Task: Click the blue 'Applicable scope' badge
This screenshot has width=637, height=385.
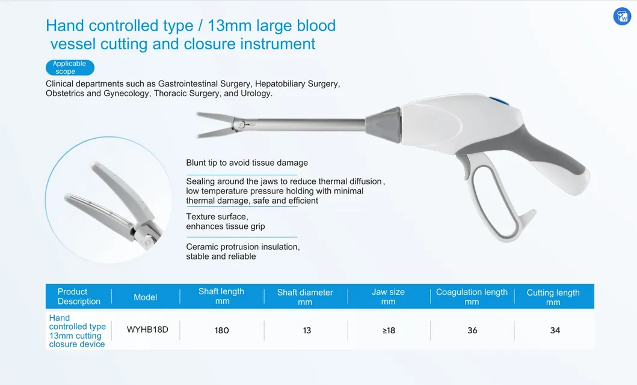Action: tap(70, 67)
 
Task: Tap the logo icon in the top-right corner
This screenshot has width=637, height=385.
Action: tap(622, 16)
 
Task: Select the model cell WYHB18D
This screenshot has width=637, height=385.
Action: tap(147, 330)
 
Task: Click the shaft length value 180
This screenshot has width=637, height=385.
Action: tap(222, 330)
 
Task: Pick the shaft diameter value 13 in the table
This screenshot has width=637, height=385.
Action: tap(307, 330)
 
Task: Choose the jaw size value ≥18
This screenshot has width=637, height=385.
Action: tap(389, 330)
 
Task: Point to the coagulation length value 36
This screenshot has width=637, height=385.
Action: tap(472, 330)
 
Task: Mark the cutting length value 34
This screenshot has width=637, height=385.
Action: tap(555, 330)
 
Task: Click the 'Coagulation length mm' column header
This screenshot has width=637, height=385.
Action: tap(472, 297)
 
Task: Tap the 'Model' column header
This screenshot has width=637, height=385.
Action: tap(146, 297)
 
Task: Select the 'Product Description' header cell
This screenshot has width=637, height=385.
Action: tap(79, 297)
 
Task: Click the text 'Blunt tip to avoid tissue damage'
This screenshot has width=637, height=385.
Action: tap(247, 163)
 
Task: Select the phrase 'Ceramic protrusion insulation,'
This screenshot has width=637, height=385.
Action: tap(243, 247)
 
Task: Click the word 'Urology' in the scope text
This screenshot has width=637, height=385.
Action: tap(256, 94)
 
